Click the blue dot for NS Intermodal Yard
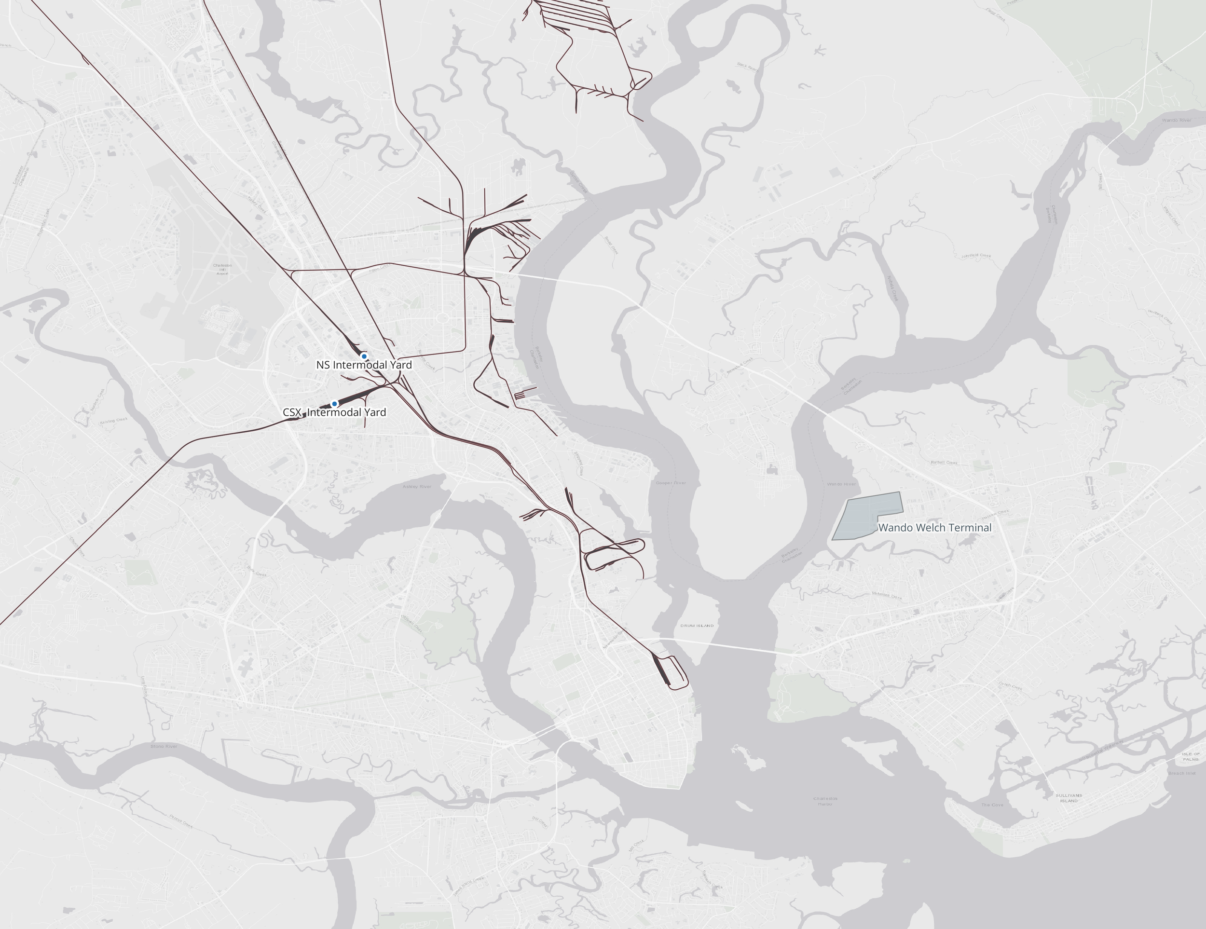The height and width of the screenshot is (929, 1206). pos(364,356)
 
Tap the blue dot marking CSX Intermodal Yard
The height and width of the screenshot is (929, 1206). pos(334,404)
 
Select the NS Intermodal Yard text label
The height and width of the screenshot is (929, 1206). pos(364,365)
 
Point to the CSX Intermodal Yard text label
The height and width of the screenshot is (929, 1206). pos(334,412)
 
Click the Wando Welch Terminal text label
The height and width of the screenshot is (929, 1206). pos(934,528)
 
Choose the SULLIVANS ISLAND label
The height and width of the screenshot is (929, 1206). pos(1069,798)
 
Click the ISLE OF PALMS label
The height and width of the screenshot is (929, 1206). pos(1191,756)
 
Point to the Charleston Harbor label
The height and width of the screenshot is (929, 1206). pos(825,801)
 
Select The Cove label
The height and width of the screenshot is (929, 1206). pos(992,805)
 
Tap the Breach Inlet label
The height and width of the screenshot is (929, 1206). pos(1182,773)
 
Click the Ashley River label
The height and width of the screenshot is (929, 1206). pos(417,486)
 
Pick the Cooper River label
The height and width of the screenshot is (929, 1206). pos(671,483)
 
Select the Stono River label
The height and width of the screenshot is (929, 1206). pos(164,746)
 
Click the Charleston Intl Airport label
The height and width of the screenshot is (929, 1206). pos(222,269)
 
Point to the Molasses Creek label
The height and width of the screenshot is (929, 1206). pos(887,596)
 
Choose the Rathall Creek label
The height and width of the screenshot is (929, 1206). pos(944,463)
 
